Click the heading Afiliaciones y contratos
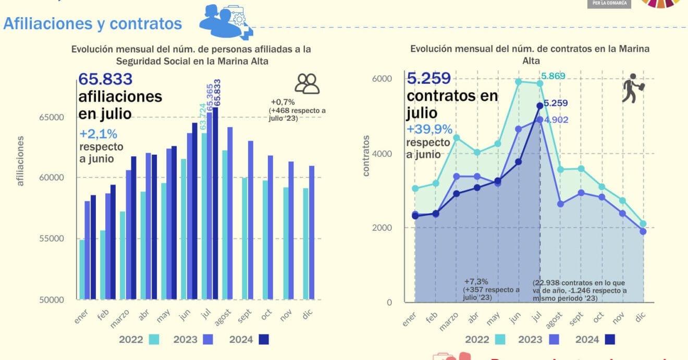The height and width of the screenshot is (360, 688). point(93,23)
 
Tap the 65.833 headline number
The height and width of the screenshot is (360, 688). point(105,79)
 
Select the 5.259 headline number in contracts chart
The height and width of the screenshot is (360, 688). point(428,79)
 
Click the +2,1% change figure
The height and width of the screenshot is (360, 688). point(99,133)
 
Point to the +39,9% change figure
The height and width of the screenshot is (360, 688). point(429,129)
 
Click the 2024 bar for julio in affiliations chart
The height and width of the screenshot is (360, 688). point(215,203)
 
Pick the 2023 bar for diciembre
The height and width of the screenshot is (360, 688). point(312,232)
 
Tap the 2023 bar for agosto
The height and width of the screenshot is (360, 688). point(230,213)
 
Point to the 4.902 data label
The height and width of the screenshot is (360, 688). point(556,120)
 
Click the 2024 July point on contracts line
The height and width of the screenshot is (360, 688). point(539,106)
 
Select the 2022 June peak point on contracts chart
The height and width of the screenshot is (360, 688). point(519,82)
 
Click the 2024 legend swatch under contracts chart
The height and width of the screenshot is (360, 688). point(610,340)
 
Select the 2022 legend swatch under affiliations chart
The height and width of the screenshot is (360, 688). point(154,340)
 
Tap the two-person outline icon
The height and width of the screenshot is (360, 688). point(307,83)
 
